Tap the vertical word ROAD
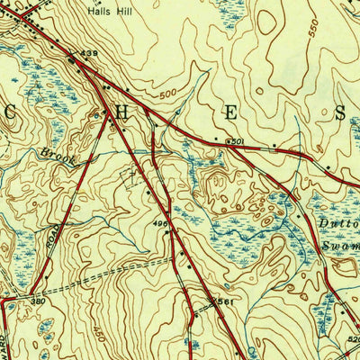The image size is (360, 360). point(51,238)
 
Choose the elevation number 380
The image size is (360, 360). point(37,301)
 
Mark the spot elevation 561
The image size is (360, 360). point(225,302)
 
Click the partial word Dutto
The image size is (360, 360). point(339,222)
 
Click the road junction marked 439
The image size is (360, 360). point(73,60)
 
